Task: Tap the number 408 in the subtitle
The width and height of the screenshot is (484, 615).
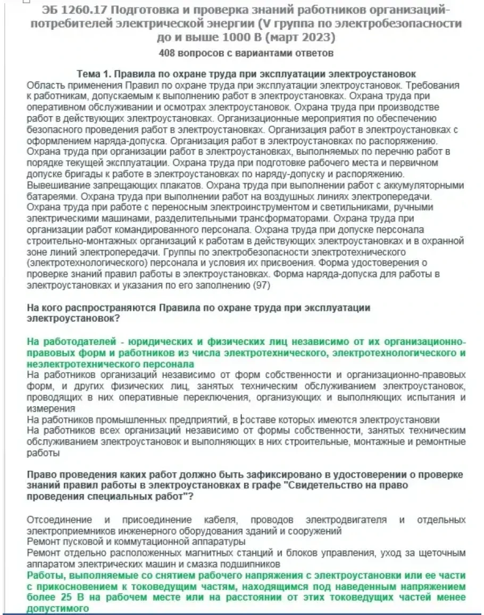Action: pyautogui.click(x=168, y=53)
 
